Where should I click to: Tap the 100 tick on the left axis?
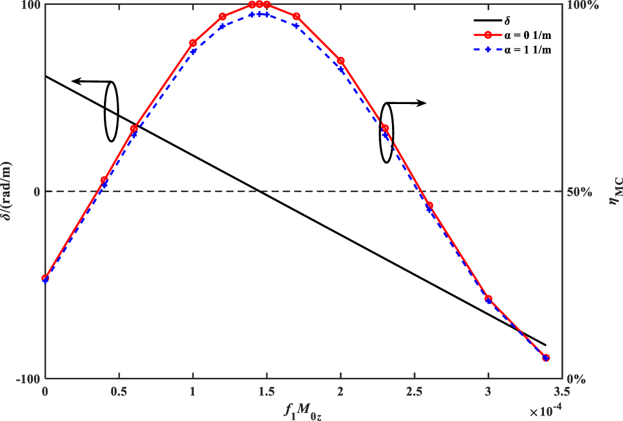[x=31, y=5]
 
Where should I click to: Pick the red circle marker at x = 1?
[x=193, y=43]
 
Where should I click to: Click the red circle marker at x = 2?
[x=341, y=61]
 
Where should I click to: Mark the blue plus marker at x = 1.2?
[x=222, y=26]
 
